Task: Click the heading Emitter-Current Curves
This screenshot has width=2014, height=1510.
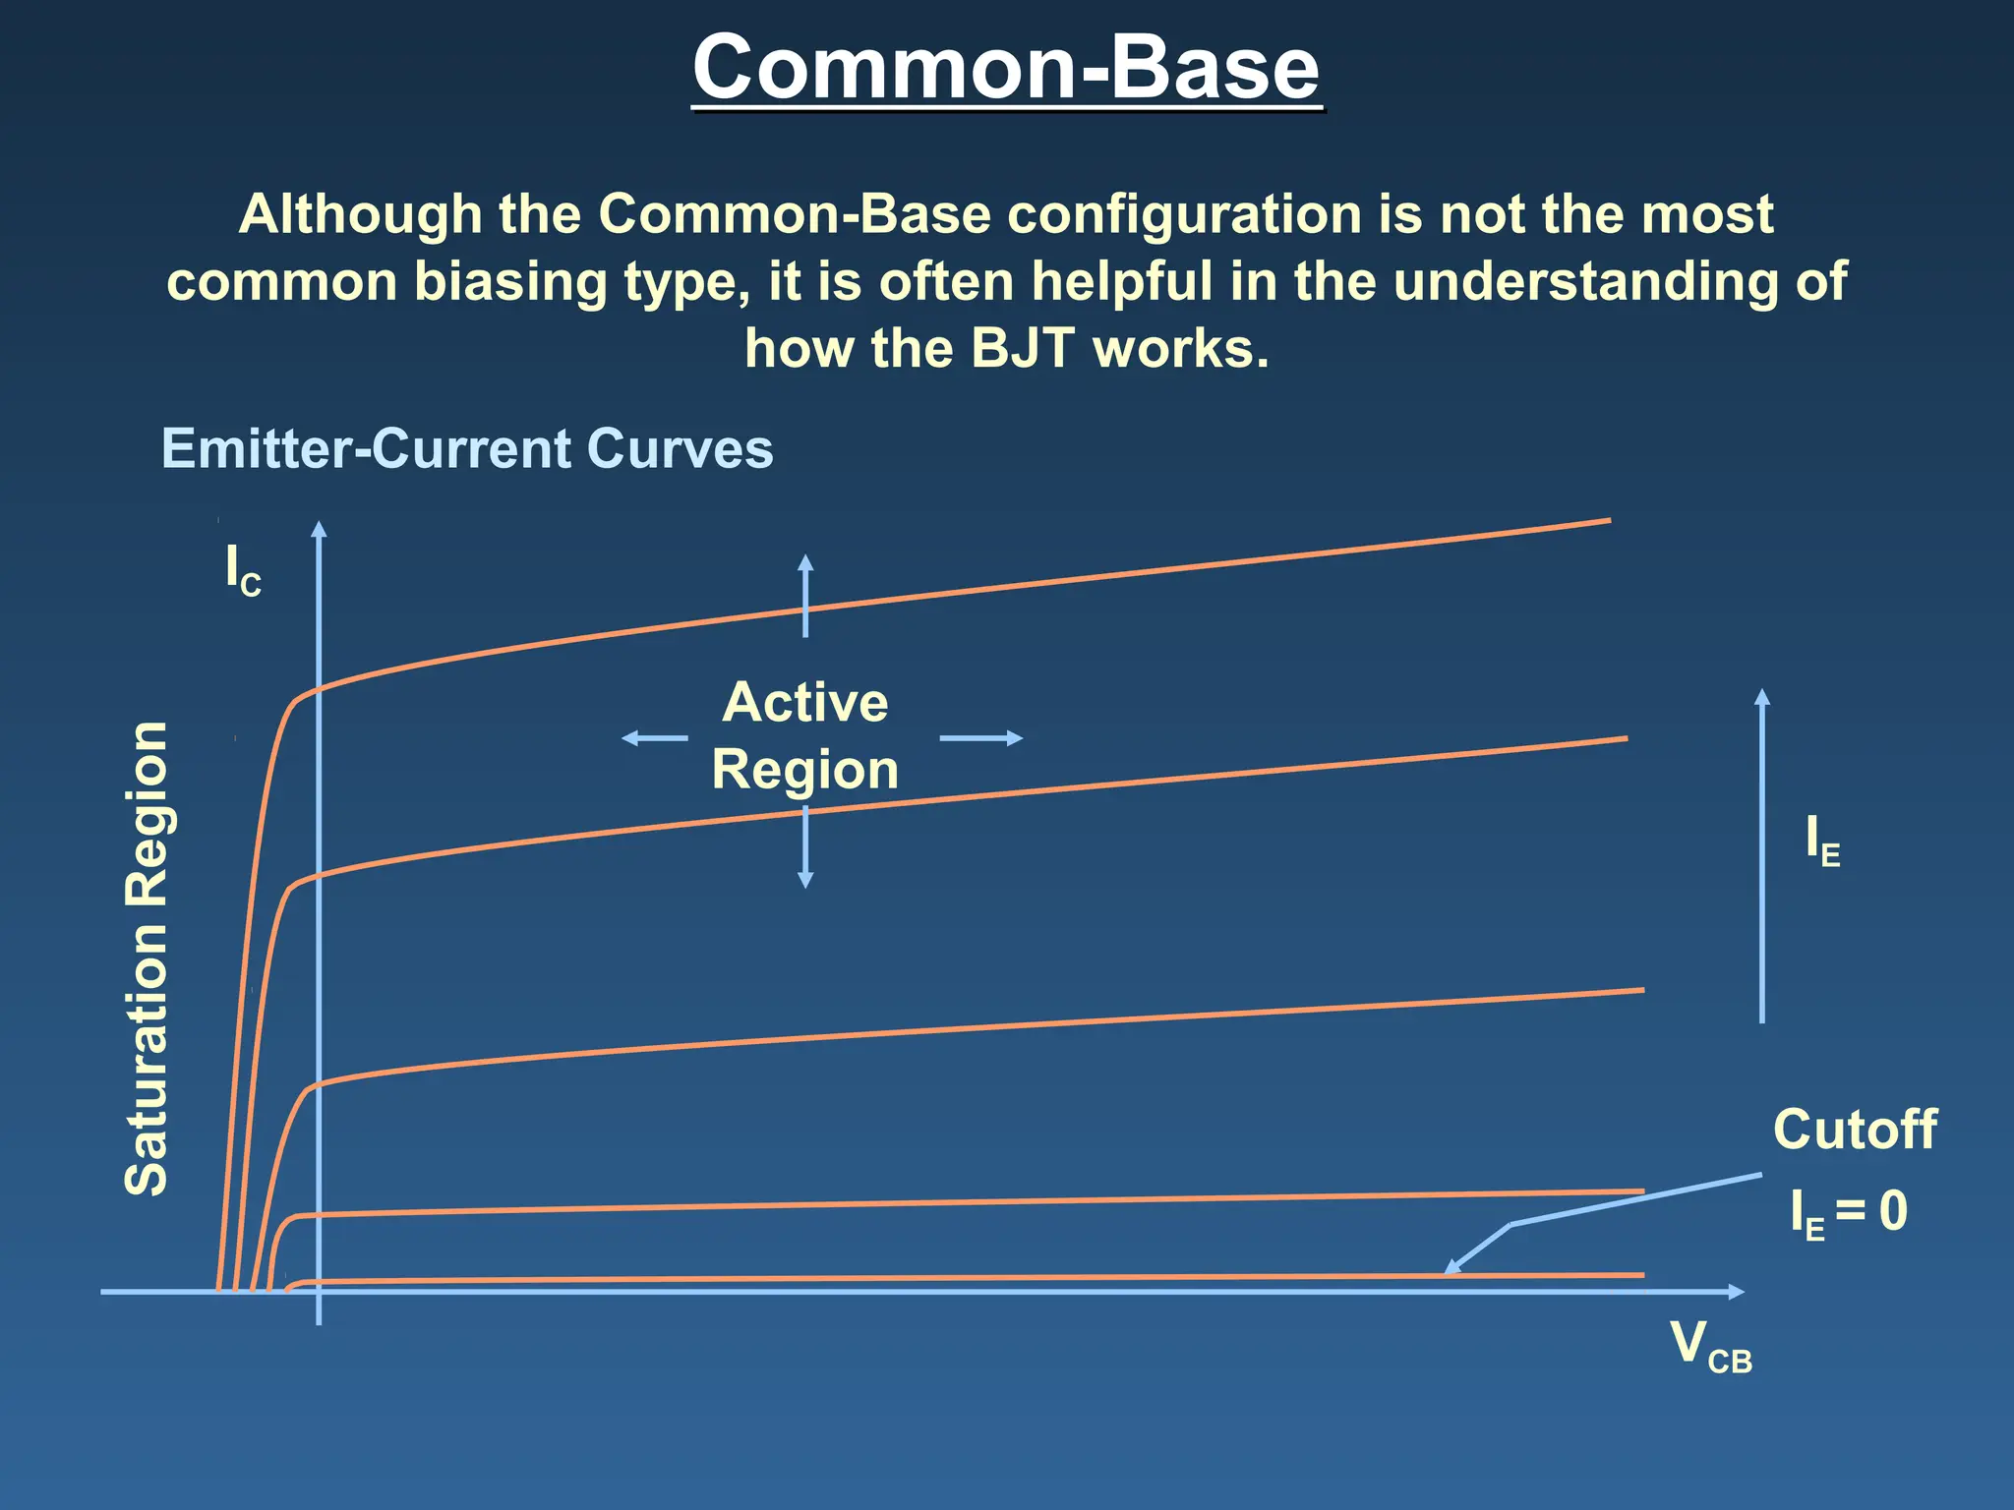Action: click(x=467, y=449)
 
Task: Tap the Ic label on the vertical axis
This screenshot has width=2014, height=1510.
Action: click(x=243, y=570)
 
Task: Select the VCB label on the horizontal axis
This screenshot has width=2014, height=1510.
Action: click(x=1710, y=1346)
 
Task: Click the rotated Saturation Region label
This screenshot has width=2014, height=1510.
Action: click(x=148, y=958)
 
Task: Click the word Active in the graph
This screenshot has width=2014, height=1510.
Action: click(x=804, y=702)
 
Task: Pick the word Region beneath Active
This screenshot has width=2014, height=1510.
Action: click(x=804, y=770)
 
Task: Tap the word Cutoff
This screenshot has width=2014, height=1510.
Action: click(x=1855, y=1130)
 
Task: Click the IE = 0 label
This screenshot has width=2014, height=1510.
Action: click(x=1849, y=1211)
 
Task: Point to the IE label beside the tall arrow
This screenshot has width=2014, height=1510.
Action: click(x=1822, y=842)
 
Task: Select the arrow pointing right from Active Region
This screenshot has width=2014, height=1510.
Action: click(x=981, y=737)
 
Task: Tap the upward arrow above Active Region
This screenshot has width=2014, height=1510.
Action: click(x=805, y=594)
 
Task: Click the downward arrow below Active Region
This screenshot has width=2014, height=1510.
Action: click(x=805, y=847)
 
